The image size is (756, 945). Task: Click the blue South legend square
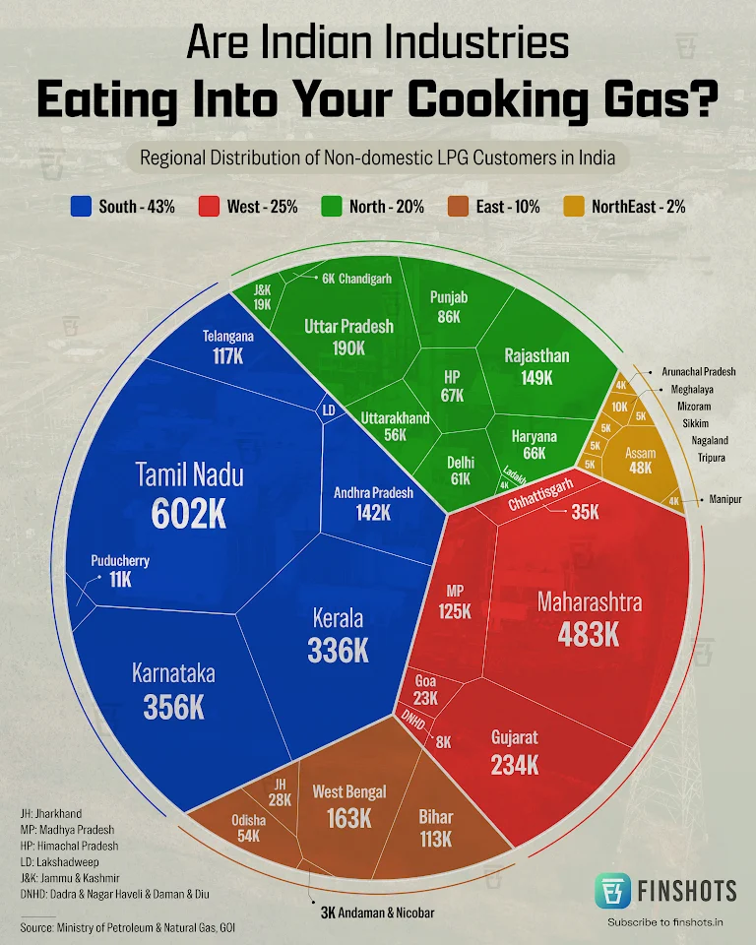pos(82,207)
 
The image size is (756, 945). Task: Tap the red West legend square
pos(208,207)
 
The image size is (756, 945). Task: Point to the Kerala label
pos(338,619)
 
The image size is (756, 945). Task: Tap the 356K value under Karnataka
pos(173,707)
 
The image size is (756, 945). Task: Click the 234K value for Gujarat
pos(515,765)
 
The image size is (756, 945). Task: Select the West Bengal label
pos(349,791)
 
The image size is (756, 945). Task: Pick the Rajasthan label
pos(536,355)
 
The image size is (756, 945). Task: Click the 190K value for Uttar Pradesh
pos(347,348)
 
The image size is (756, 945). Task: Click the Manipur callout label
pos(724,500)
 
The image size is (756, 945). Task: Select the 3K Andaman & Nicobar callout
pos(377,912)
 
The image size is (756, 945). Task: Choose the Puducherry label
pos(120,561)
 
